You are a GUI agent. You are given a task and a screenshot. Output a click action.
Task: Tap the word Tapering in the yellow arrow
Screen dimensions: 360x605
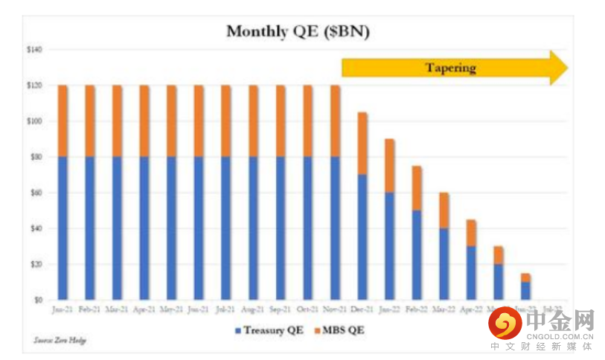450,68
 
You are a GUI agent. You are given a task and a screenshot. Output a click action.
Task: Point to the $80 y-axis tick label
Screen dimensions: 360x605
35,157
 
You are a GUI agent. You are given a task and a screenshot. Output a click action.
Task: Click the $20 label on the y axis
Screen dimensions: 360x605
35,264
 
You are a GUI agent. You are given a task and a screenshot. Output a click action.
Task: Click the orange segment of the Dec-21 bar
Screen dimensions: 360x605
362,144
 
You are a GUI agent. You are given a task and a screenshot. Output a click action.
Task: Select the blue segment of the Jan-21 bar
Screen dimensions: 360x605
63,227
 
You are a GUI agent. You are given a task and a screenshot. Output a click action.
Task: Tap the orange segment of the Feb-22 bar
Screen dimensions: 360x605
417,188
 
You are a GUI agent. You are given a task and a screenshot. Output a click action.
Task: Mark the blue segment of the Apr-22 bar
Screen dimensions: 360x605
472,272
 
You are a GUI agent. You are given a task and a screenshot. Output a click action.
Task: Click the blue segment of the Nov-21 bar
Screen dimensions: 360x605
335,227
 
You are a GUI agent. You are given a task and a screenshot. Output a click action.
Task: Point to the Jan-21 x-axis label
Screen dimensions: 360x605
63,307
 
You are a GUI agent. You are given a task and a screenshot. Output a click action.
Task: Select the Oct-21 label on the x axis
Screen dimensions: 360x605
308,307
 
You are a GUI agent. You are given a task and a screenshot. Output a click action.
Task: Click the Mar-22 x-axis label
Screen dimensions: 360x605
444,307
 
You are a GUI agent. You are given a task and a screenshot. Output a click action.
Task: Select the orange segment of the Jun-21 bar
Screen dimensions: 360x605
199,121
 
